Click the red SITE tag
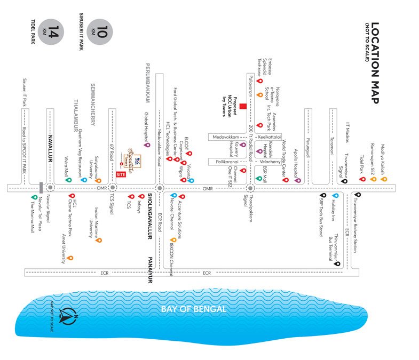(121, 174)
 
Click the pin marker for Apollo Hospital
(298, 180)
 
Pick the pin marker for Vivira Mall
(68, 180)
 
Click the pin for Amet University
(69, 258)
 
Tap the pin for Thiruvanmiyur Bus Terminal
(336, 263)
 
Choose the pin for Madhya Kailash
(384, 179)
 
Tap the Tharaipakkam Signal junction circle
(249, 188)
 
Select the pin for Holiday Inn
(335, 196)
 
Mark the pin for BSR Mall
(259, 179)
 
